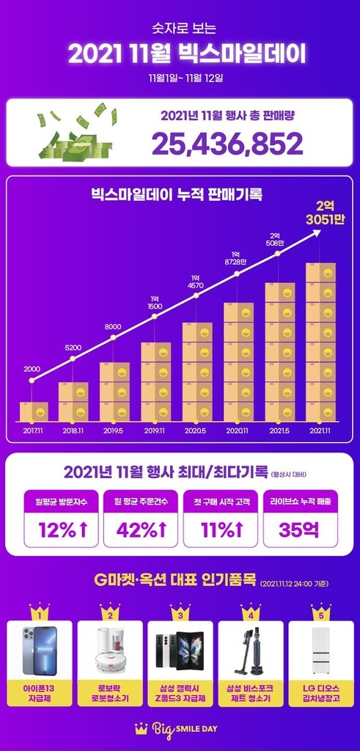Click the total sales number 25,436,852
[x=227, y=144]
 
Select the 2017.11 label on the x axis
[x=34, y=431]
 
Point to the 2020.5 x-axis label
[x=197, y=431]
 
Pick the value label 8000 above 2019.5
[x=114, y=325]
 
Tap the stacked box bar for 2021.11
[x=320, y=341]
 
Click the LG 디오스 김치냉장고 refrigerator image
[x=320, y=650]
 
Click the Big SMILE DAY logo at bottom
[x=180, y=729]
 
